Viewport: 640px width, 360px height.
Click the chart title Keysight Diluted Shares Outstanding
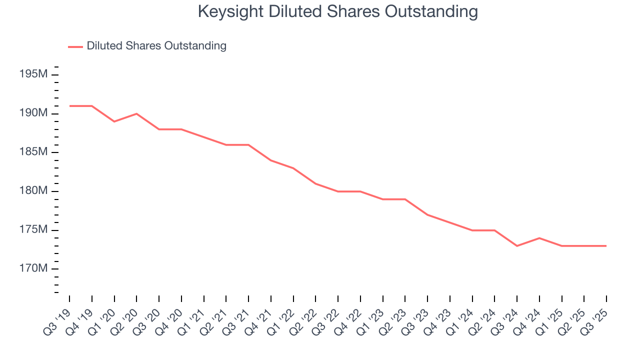[x=337, y=11]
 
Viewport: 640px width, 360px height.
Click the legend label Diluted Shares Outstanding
[x=156, y=46]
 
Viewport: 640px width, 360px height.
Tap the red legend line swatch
[x=75, y=46]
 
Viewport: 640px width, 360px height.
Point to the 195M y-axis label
[x=33, y=74]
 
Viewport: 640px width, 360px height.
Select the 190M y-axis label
[x=33, y=113]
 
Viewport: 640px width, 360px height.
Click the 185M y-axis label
[x=33, y=152]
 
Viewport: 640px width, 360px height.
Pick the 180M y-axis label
[x=33, y=191]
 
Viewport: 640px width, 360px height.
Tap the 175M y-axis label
[x=33, y=230]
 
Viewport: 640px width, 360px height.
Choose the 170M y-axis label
[x=33, y=269]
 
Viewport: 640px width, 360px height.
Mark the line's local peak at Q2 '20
[x=136, y=113]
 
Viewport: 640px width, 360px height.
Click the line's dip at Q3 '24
[x=517, y=246]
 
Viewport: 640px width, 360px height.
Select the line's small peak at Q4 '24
[x=539, y=238]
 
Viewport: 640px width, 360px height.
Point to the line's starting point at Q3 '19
[x=69, y=106]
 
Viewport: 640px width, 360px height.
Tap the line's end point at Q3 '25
[x=606, y=246]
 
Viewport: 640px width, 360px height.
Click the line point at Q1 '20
[x=114, y=121]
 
